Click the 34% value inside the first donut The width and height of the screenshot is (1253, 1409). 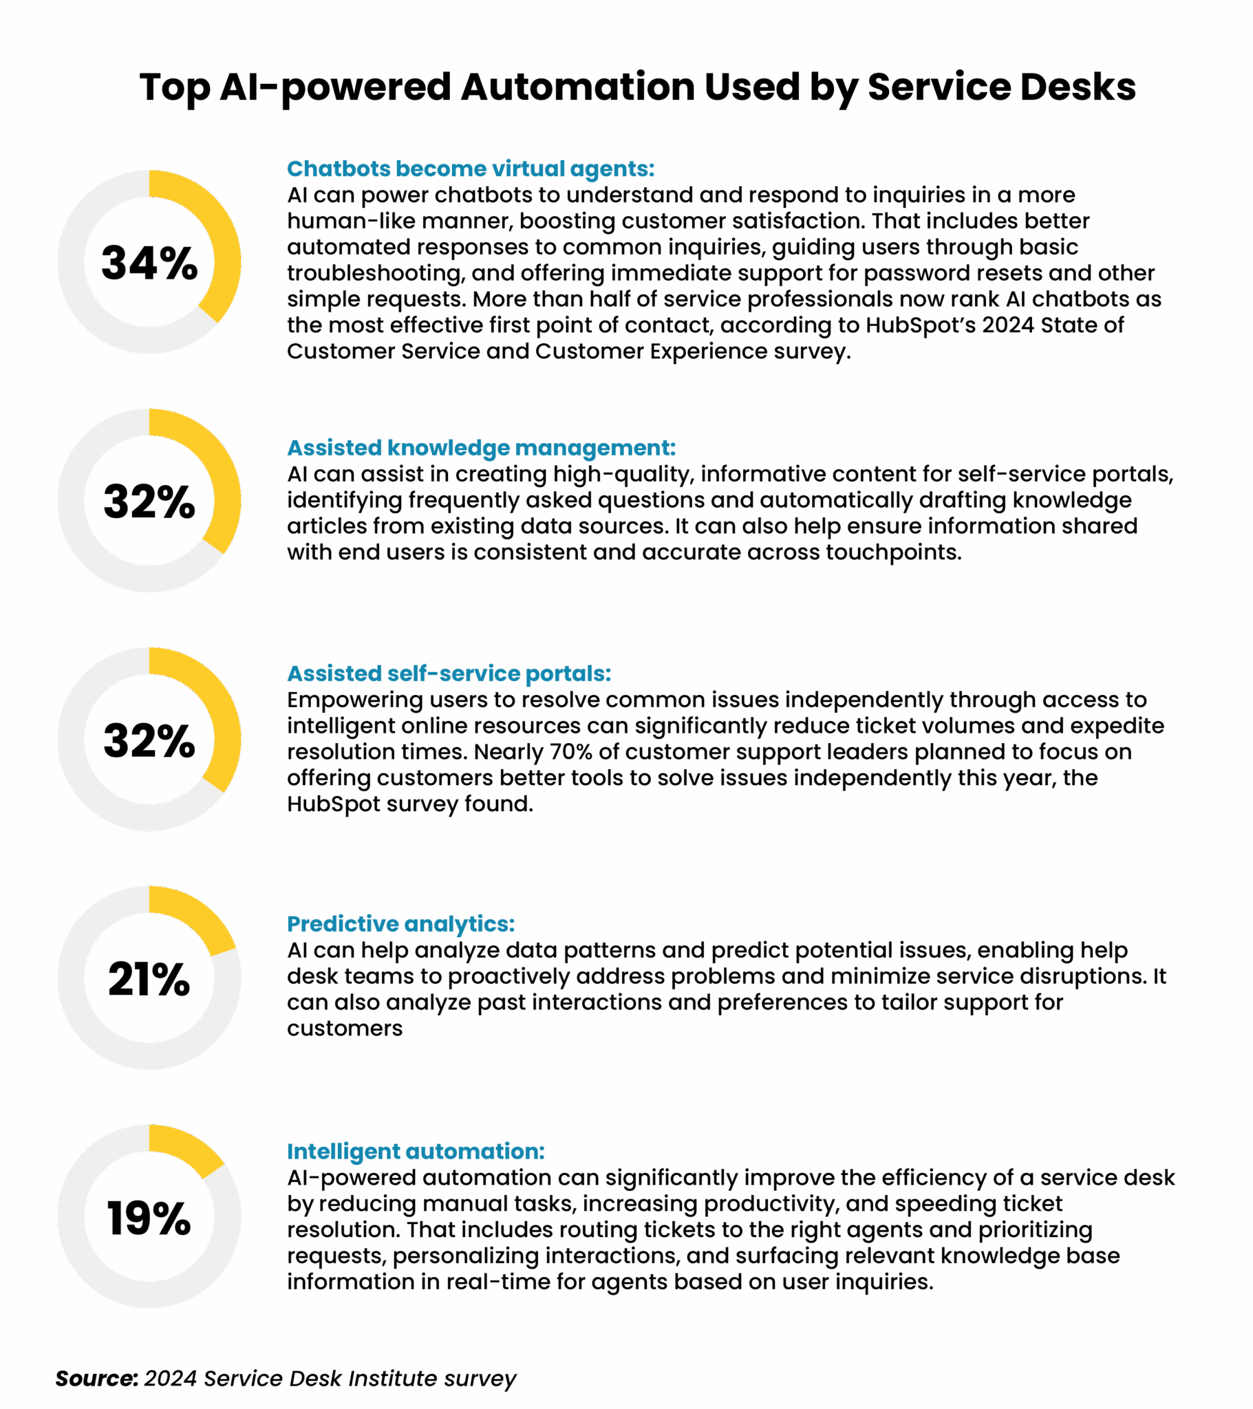(x=149, y=263)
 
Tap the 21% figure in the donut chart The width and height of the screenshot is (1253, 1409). (x=149, y=980)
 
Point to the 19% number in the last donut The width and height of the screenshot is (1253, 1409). (x=149, y=1218)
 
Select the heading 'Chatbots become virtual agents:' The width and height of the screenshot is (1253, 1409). (x=471, y=169)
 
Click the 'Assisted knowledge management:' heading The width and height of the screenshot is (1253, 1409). (x=482, y=448)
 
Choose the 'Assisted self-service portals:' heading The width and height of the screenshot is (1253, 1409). (x=449, y=674)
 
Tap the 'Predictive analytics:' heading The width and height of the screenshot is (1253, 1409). (x=400, y=924)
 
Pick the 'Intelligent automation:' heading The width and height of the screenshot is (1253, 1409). (x=416, y=1151)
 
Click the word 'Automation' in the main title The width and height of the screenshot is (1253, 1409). (x=578, y=87)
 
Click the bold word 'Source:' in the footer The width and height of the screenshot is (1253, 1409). (x=96, y=1378)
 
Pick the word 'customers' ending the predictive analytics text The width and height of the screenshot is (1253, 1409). (x=345, y=1029)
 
